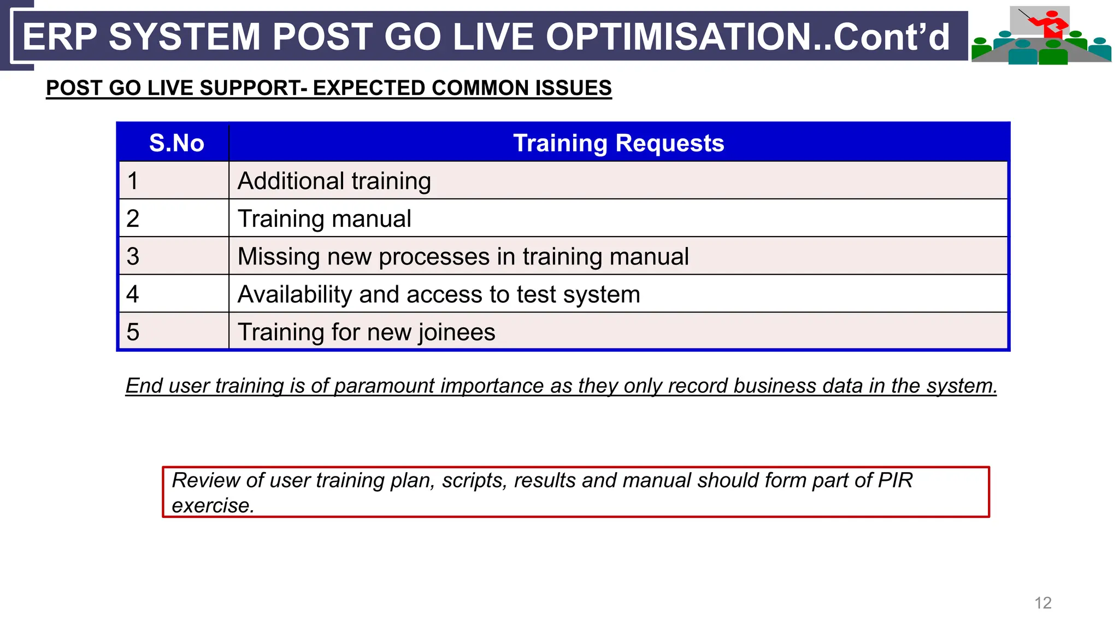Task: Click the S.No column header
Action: (176, 143)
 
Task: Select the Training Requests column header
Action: (619, 143)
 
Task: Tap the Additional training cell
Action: (334, 181)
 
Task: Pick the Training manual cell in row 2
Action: (325, 219)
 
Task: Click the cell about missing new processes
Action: (463, 256)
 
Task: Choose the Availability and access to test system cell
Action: (439, 294)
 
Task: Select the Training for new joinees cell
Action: (367, 332)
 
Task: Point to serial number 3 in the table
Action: (133, 256)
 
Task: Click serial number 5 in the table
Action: (133, 332)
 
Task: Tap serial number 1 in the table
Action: (133, 181)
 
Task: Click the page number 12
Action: (1043, 603)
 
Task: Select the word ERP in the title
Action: (60, 37)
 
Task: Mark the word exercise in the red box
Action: (213, 505)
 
